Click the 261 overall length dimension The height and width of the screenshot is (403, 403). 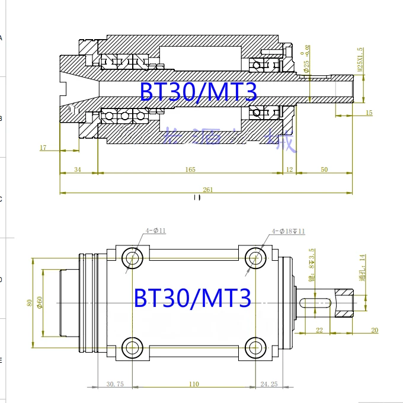click(x=208, y=190)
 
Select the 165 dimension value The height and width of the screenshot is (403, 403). click(x=190, y=170)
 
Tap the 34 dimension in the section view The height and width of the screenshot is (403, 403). click(x=78, y=170)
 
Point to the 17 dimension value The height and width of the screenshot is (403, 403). click(x=43, y=147)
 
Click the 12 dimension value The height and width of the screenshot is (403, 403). click(x=289, y=170)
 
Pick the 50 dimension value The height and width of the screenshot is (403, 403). click(x=324, y=170)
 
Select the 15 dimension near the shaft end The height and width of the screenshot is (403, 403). click(x=369, y=113)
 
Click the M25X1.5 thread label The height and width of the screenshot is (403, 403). click(x=360, y=59)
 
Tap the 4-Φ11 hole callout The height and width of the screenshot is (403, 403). click(x=156, y=231)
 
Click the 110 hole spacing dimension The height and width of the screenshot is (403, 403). click(x=194, y=384)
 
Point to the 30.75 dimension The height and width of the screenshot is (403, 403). click(x=115, y=384)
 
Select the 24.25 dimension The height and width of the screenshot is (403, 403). click(x=269, y=384)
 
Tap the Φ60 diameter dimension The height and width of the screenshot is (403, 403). click(x=39, y=302)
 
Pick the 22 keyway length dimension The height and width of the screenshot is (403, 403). click(x=319, y=330)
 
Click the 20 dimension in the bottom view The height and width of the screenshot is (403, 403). click(x=374, y=330)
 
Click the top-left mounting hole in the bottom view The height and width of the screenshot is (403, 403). click(x=132, y=258)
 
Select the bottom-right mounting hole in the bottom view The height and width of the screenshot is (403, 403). click(x=255, y=347)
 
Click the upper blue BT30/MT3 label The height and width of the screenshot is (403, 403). click(x=199, y=92)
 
